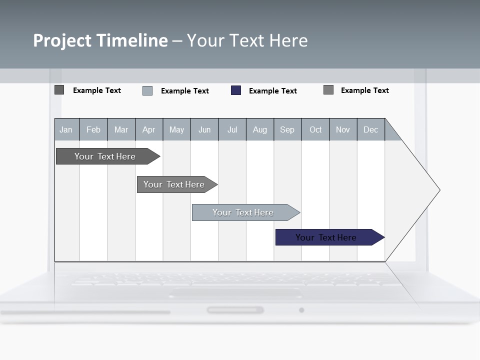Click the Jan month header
66,129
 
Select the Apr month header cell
149,129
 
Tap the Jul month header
232,129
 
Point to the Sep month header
287,129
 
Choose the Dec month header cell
370,129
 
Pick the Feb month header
93,129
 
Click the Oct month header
315,129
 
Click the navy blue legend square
236,90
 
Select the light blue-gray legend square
147,90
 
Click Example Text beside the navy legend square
273,91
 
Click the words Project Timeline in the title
100,40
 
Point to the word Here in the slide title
288,40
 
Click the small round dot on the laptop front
301,310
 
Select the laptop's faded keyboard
235,280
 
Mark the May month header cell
176,129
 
